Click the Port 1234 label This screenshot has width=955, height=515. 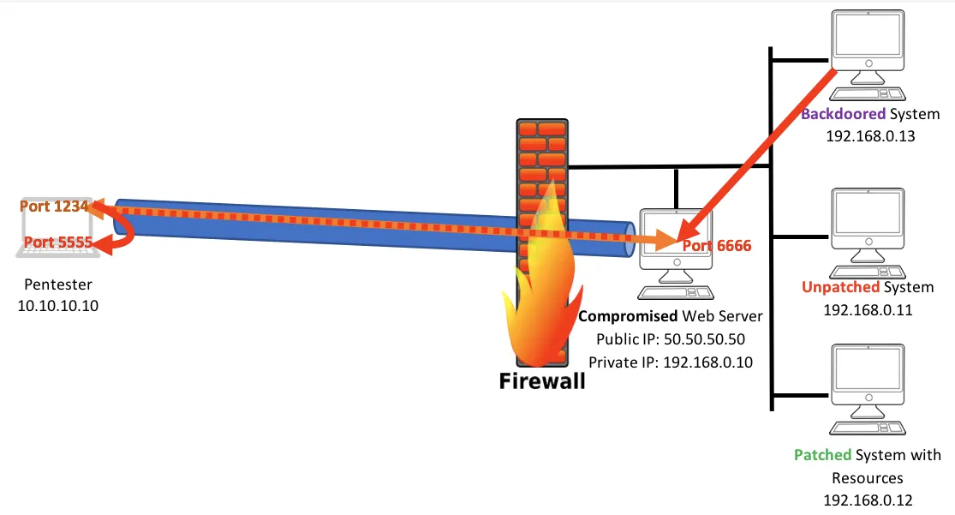coord(54,207)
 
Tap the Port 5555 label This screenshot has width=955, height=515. coord(57,243)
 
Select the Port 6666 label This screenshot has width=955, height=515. coord(717,246)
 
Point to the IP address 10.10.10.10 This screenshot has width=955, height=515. coord(58,305)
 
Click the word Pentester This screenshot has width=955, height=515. coord(58,284)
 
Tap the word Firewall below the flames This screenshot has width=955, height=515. coord(542,380)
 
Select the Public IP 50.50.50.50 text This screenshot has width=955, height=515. coord(671,339)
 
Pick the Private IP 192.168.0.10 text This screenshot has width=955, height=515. coord(671,362)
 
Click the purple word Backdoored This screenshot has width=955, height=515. coord(843,115)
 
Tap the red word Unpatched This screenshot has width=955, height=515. coord(840,287)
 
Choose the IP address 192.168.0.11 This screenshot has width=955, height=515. coord(868,309)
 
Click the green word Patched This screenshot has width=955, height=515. coord(822,455)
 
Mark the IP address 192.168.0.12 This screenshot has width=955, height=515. coord(868,499)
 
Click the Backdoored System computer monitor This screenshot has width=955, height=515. coord(868,43)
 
